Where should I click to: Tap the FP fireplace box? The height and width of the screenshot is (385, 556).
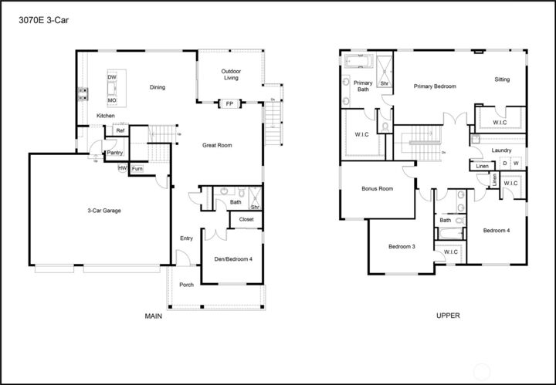click(x=229, y=103)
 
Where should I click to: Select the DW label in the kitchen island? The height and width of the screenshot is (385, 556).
click(x=112, y=78)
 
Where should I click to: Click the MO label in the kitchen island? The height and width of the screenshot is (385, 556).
click(x=112, y=100)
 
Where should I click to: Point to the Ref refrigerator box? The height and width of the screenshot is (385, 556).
click(x=120, y=131)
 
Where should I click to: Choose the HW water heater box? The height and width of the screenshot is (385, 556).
click(x=122, y=167)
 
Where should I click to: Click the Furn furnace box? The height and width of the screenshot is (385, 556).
click(x=137, y=168)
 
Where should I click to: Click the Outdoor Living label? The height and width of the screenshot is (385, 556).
click(x=231, y=74)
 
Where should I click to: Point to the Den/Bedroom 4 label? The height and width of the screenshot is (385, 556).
click(x=233, y=258)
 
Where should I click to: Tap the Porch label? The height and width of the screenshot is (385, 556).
click(x=187, y=285)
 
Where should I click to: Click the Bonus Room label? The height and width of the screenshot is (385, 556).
click(x=378, y=189)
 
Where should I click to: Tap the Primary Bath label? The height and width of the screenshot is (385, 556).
click(x=363, y=86)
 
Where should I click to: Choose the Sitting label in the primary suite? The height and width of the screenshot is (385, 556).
click(x=502, y=79)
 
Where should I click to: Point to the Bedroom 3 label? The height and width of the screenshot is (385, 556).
click(x=402, y=246)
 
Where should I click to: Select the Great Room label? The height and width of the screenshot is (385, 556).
click(x=217, y=145)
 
